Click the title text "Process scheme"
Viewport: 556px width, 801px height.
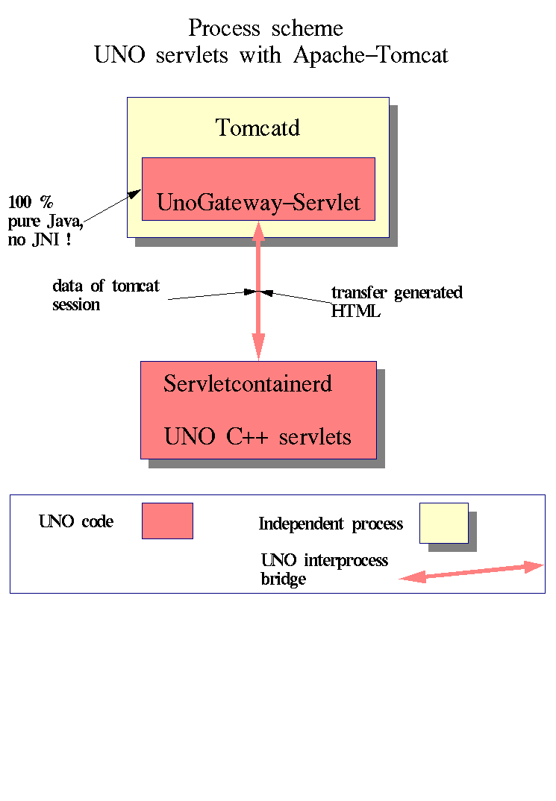coord(266,29)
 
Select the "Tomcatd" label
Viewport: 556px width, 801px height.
coord(257,128)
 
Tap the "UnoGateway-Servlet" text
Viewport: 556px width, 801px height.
coord(258,203)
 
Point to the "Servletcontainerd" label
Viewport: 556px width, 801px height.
coord(247,384)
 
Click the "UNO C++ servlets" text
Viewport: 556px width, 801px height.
coord(257,436)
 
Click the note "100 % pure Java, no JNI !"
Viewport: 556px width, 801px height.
coord(45,221)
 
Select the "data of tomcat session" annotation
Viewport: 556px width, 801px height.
coord(105,295)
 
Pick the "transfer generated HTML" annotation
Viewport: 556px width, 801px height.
coord(396,301)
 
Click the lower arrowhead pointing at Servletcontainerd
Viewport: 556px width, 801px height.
coord(258,350)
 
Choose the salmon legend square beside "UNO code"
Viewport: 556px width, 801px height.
coord(167,521)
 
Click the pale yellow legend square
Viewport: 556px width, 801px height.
coord(443,523)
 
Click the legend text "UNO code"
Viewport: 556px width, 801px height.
coord(76,521)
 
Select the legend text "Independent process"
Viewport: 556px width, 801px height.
coord(331,524)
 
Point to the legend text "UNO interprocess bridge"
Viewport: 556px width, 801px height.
coord(324,569)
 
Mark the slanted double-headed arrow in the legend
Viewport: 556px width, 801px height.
coord(470,571)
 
